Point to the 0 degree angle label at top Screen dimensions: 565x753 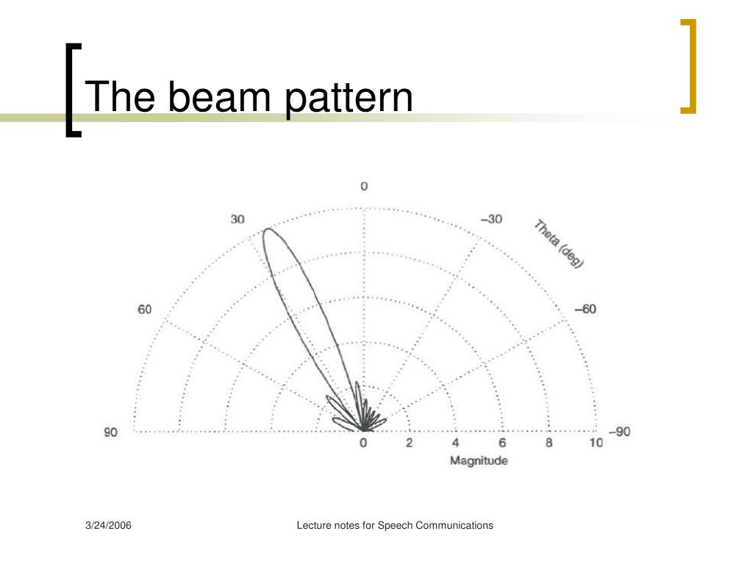(x=364, y=187)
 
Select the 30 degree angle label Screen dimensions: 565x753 (x=238, y=219)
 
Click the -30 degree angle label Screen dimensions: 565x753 (x=491, y=219)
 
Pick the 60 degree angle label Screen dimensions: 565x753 (x=145, y=309)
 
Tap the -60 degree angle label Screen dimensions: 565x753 (x=585, y=309)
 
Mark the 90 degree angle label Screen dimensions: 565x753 (x=110, y=432)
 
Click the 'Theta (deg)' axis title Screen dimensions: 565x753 (x=559, y=244)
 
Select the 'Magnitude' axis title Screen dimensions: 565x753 (x=479, y=461)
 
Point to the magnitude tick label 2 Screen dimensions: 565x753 (x=410, y=443)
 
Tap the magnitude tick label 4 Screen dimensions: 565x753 (x=456, y=443)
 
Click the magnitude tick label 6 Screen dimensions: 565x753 (x=502, y=443)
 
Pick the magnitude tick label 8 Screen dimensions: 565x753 (x=549, y=443)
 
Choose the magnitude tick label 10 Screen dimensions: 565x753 (x=596, y=443)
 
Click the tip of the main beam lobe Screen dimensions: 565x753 (x=267, y=230)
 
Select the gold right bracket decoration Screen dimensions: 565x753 (x=689, y=66)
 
